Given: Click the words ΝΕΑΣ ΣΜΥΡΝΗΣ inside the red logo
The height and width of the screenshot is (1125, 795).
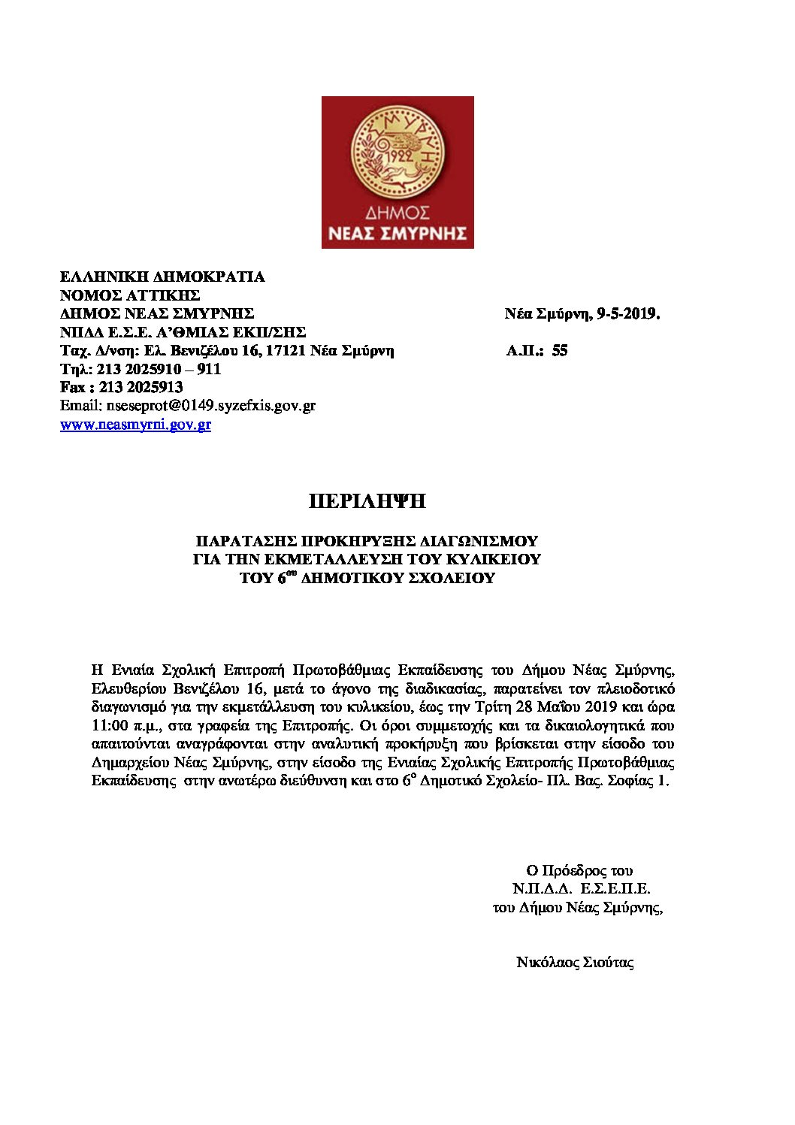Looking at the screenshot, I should click(397, 233).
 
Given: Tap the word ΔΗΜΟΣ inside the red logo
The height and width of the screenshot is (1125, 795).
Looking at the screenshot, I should click(397, 212).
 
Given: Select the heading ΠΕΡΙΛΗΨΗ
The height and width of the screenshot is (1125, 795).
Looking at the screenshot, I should click(367, 502).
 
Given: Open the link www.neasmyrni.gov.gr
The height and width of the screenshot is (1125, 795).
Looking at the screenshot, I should click(135, 425).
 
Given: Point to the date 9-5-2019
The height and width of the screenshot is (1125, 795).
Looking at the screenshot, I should click(627, 314).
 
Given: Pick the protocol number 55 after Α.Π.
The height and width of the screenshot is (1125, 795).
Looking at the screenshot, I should click(559, 351).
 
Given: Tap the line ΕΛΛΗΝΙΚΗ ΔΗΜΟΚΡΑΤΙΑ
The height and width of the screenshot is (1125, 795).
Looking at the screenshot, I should click(162, 277).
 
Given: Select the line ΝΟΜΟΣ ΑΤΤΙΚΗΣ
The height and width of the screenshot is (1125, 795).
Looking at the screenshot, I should click(130, 295).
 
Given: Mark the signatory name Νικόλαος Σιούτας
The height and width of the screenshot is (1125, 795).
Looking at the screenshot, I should click(575, 963).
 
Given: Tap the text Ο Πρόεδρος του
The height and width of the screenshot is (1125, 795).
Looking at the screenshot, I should click(579, 871).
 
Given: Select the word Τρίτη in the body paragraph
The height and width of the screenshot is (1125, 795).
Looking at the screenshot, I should click(491, 707).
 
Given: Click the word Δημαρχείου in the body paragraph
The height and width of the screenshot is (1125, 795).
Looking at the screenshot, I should click(130, 763).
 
